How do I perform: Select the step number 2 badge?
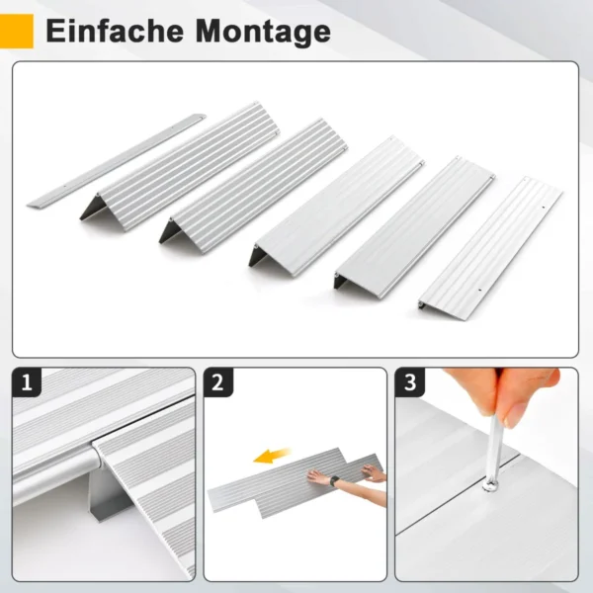(217, 382)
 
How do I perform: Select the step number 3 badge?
(409, 382)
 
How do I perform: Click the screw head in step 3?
(489, 484)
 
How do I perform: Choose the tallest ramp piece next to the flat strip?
(178, 163)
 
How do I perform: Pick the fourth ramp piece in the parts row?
(415, 222)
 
